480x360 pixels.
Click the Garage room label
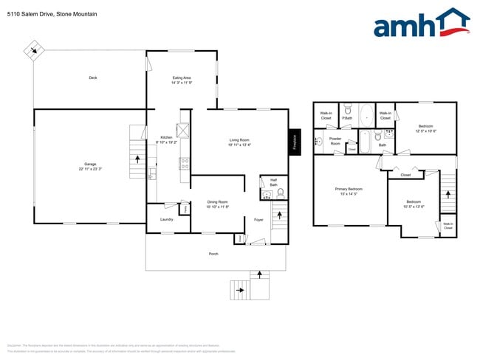90,167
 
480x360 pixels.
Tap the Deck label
93,77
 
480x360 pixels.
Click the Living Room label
239,142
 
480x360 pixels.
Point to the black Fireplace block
294,141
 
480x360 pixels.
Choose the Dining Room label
217,204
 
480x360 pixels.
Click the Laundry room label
166,219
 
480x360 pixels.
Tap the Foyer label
258,219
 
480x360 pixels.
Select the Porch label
213,254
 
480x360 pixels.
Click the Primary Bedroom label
349,191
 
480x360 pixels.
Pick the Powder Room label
335,140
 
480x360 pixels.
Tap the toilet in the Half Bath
281,194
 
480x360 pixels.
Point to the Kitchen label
166,139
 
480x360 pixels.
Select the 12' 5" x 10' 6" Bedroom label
425,128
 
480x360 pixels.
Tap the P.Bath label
346,116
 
